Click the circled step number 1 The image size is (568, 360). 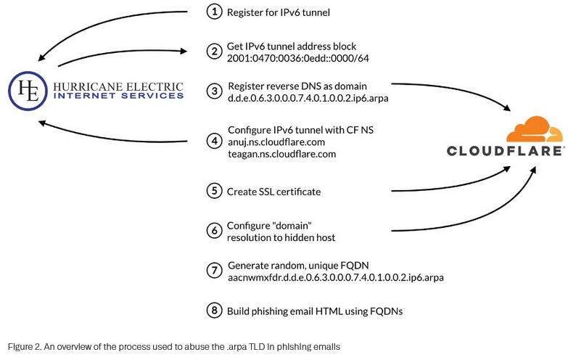[213, 12]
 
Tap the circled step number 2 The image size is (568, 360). [213, 52]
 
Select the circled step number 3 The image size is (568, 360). [213, 91]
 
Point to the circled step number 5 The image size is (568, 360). [213, 192]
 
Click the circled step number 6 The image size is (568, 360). [213, 231]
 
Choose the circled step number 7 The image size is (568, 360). [213, 271]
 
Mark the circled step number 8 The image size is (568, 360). [213, 311]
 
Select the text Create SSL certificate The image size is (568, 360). [274, 192]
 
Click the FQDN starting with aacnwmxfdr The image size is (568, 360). [334, 277]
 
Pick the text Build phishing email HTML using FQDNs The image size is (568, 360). [315, 311]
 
